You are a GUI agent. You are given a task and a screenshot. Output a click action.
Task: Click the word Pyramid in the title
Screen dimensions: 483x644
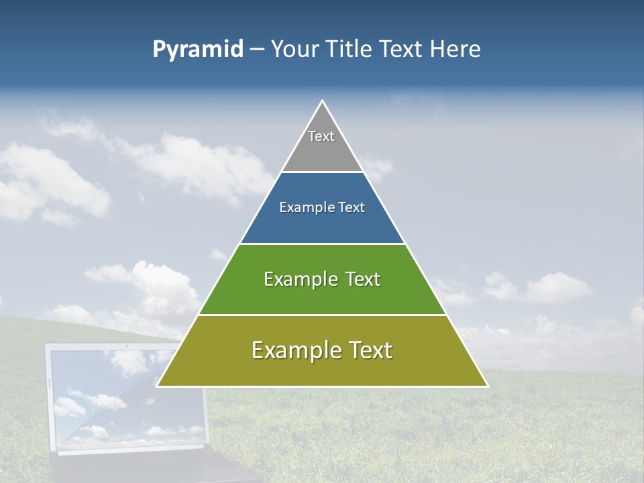pyautogui.click(x=197, y=50)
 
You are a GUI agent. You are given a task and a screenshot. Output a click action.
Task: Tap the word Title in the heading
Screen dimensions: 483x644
pyautogui.click(x=348, y=50)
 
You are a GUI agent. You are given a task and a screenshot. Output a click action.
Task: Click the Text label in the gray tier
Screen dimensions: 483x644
pyautogui.click(x=321, y=136)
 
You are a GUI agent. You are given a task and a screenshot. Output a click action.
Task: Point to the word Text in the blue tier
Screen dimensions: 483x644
pyautogui.click(x=352, y=208)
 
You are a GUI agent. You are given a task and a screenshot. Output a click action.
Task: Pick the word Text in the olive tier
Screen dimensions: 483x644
pyautogui.click(x=366, y=350)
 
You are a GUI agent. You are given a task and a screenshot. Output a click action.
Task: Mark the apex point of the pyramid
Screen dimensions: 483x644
pyautogui.click(x=322, y=101)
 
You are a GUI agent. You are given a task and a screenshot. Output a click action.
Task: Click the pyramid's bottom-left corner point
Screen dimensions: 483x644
pyautogui.click(x=157, y=386)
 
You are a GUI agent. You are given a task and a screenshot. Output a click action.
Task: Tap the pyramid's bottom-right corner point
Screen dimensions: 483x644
pyautogui.click(x=488, y=386)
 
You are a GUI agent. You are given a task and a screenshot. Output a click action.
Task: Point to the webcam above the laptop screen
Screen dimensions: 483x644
pyautogui.click(x=127, y=347)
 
